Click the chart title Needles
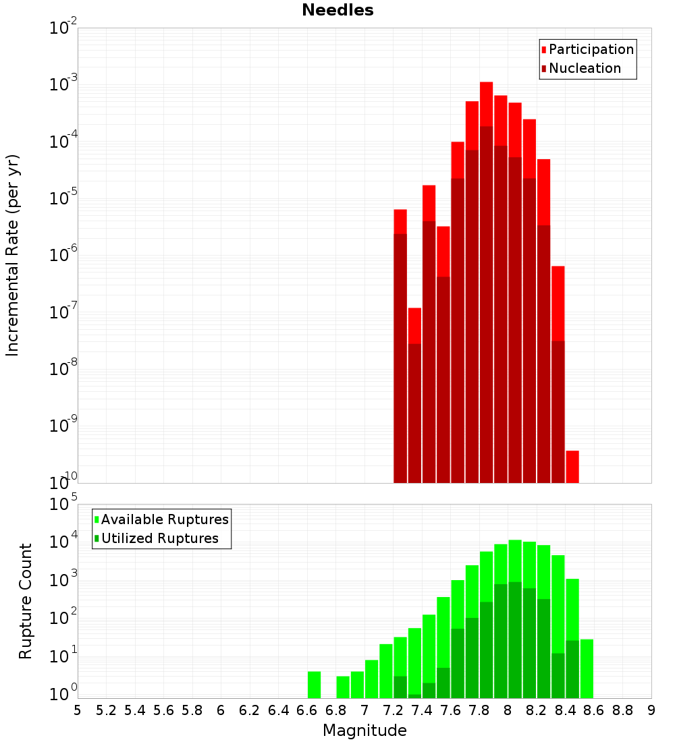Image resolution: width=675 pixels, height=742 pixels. pyautogui.click(x=337, y=10)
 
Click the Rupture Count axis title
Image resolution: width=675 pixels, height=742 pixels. pyautogui.click(x=26, y=601)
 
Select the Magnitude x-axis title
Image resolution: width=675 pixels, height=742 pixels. pyautogui.click(x=364, y=731)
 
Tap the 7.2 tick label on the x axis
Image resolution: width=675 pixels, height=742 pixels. pyautogui.click(x=393, y=710)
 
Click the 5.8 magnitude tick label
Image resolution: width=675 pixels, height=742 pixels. pyautogui.click(x=192, y=710)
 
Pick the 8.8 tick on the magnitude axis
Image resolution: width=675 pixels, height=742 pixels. pyautogui.click(x=622, y=710)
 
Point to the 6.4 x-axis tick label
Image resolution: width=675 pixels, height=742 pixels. pyautogui.click(x=278, y=710)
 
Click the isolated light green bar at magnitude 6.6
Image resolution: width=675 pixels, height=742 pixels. pyautogui.click(x=314, y=685)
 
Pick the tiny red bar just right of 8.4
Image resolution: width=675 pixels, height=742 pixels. pyautogui.click(x=572, y=466)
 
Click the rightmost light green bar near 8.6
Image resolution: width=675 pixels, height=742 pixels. pyautogui.click(x=587, y=668)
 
